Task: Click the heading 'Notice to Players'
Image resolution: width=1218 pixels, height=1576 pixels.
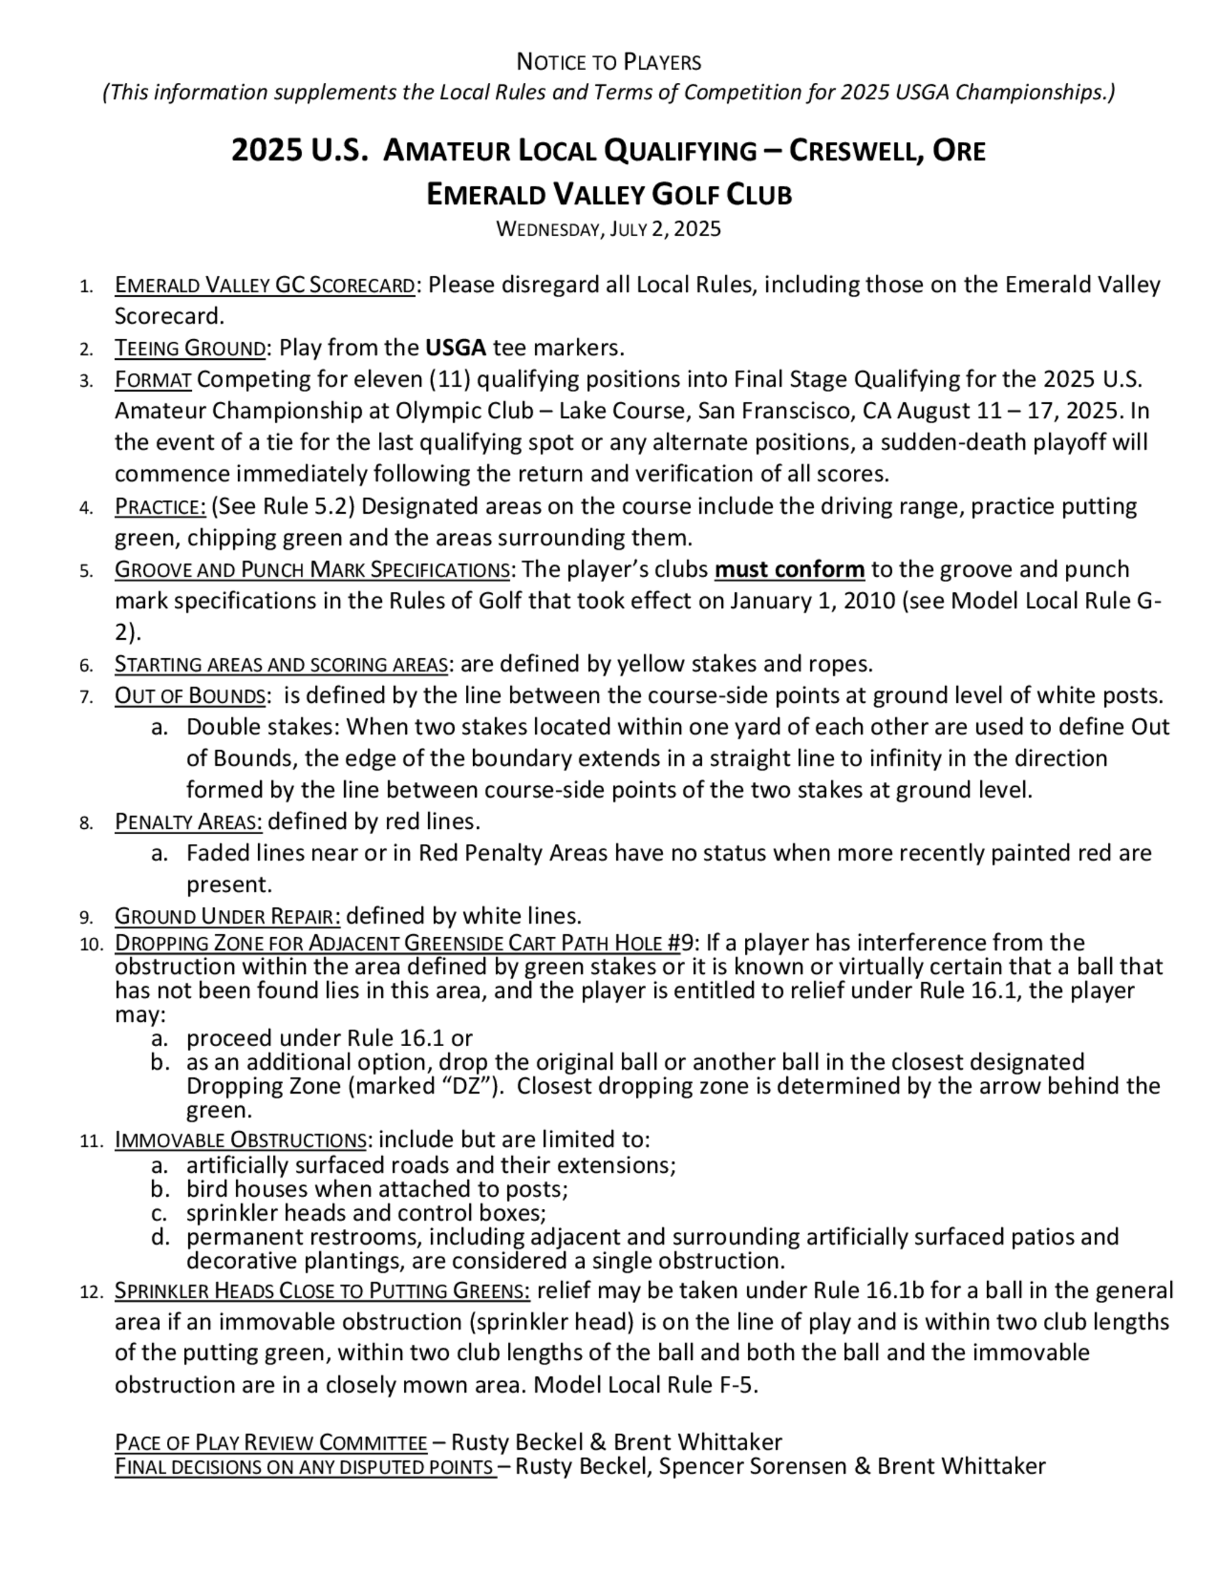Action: click(x=608, y=63)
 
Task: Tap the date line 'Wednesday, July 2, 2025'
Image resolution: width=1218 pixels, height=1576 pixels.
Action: click(x=608, y=230)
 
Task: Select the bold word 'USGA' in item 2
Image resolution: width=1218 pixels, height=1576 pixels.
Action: click(x=456, y=348)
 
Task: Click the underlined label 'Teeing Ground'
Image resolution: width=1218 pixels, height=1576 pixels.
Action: click(x=190, y=348)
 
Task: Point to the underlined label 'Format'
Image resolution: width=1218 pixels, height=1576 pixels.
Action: click(x=152, y=379)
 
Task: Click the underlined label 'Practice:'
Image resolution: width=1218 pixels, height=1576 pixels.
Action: click(x=160, y=507)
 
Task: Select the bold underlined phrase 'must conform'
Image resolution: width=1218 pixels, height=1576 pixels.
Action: click(x=789, y=569)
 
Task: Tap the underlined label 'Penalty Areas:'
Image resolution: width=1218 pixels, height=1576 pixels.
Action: click(x=188, y=822)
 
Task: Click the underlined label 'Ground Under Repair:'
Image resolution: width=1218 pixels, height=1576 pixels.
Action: click(x=227, y=916)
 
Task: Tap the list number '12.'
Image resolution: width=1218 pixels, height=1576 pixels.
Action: click(x=91, y=1291)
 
